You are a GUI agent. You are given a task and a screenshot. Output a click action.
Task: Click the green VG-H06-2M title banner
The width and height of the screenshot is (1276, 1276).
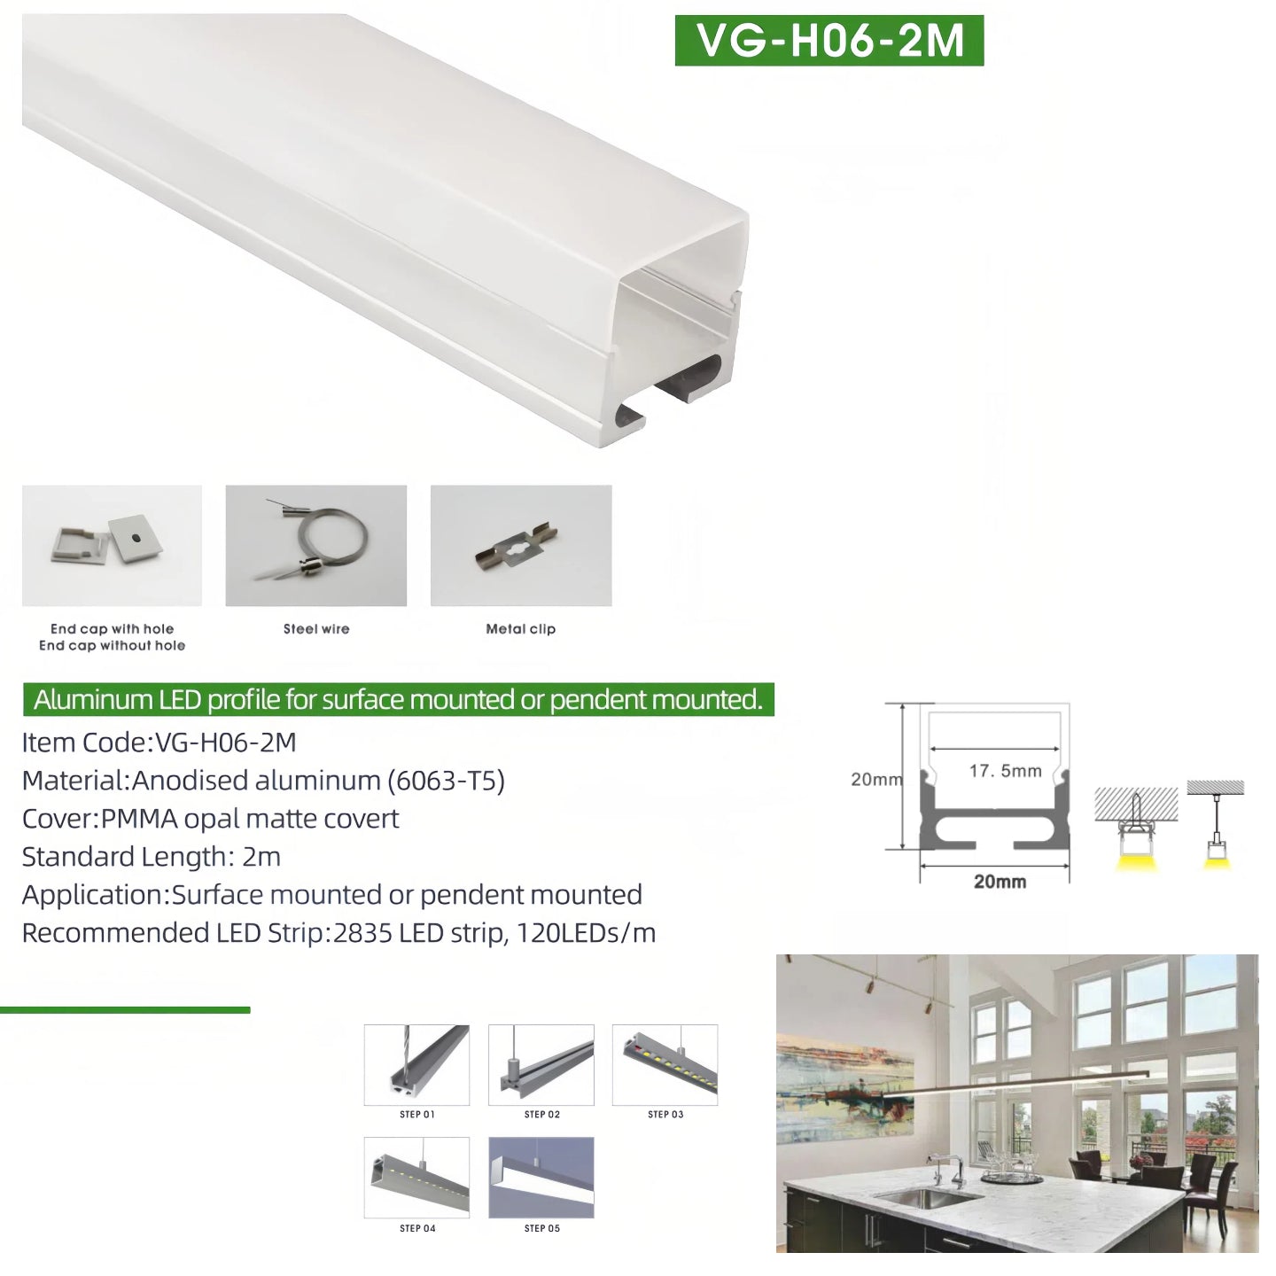829,41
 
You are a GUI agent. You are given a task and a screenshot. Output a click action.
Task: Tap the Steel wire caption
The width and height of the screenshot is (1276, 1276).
315,629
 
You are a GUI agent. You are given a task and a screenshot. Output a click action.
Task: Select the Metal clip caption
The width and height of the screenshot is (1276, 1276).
520,629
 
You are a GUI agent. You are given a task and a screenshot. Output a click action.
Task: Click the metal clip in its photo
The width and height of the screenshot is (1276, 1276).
517,547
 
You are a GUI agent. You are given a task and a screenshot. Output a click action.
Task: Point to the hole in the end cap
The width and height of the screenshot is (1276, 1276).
135,539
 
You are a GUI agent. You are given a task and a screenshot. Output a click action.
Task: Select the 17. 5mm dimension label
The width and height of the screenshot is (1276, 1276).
1005,771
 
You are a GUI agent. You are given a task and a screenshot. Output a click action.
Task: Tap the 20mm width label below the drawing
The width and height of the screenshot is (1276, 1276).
1000,882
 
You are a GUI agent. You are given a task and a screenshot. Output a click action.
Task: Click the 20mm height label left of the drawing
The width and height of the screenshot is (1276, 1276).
876,780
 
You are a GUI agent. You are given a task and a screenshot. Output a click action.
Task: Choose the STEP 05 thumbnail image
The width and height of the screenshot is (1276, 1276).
541,1178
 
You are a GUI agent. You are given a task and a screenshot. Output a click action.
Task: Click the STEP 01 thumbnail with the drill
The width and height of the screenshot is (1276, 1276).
416,1065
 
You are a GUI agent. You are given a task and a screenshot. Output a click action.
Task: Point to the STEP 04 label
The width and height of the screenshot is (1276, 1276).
417,1228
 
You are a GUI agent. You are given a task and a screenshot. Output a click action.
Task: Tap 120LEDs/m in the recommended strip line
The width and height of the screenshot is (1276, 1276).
586,933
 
